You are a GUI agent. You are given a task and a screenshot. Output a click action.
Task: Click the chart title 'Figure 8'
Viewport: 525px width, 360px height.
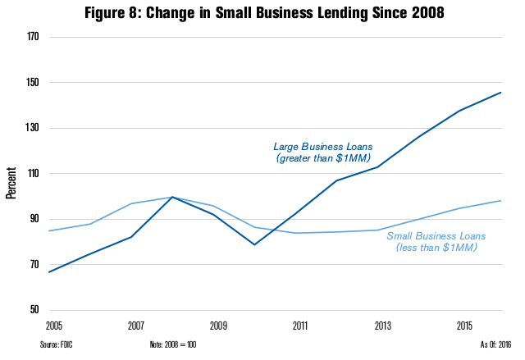point(262,13)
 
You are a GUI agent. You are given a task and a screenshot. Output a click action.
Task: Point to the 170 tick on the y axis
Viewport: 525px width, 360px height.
point(34,38)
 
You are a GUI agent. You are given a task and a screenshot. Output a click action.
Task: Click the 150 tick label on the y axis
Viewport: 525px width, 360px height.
point(34,83)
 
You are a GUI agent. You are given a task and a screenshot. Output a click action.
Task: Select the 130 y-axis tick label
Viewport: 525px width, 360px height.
point(34,129)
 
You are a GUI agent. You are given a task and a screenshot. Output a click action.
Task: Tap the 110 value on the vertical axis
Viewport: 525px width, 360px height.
point(34,174)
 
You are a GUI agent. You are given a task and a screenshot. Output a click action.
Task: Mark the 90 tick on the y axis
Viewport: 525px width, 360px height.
point(36,219)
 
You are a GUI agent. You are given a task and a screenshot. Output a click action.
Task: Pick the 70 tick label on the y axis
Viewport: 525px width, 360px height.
point(36,265)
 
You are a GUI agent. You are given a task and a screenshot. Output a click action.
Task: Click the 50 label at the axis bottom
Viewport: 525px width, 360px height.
point(36,310)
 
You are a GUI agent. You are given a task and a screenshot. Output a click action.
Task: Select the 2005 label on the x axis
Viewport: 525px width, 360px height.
point(55,326)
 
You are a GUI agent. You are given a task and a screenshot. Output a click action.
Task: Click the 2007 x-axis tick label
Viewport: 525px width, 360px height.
point(136,326)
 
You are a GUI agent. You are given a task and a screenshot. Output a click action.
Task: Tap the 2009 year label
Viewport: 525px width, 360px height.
point(218,326)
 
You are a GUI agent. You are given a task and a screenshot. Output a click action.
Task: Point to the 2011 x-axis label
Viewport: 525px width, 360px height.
point(299,326)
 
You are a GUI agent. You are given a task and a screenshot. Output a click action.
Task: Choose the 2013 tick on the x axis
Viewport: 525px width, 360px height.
point(381,326)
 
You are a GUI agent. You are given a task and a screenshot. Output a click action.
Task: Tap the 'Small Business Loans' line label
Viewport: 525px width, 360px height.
point(436,242)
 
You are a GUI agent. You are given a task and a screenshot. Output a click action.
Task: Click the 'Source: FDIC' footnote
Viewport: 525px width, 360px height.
point(55,344)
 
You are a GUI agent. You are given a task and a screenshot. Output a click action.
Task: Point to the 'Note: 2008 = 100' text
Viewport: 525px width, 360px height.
point(173,344)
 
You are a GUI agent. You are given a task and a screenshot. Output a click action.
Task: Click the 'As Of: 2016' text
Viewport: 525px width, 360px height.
point(496,344)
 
